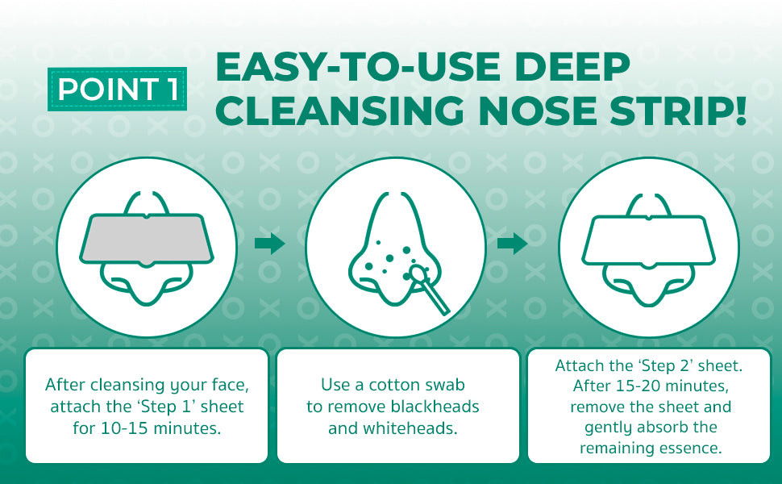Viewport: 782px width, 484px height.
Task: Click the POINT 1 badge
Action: click(117, 89)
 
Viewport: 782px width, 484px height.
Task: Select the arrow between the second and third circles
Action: click(512, 244)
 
